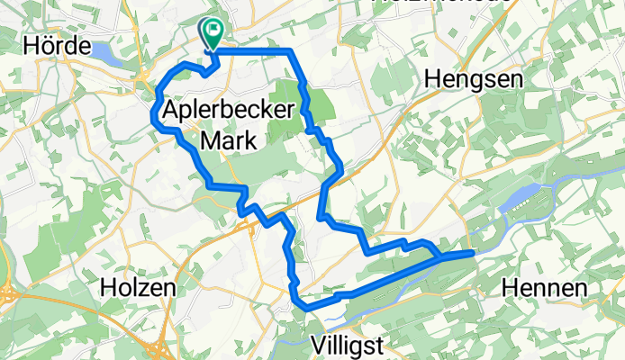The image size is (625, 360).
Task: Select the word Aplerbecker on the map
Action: tap(229, 112)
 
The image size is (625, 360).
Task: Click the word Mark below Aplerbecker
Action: tap(229, 140)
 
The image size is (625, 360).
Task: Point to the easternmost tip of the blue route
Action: tap(472, 254)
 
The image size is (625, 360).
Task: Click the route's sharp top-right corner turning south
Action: tap(290, 51)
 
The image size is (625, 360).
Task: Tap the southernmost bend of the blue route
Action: tap(309, 308)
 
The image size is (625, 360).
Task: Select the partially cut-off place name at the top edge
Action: tap(441, 4)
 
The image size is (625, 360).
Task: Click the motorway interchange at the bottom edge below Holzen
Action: tap(162, 353)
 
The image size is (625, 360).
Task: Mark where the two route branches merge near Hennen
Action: tap(440, 256)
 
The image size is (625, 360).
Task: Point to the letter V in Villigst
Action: tap(317, 344)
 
